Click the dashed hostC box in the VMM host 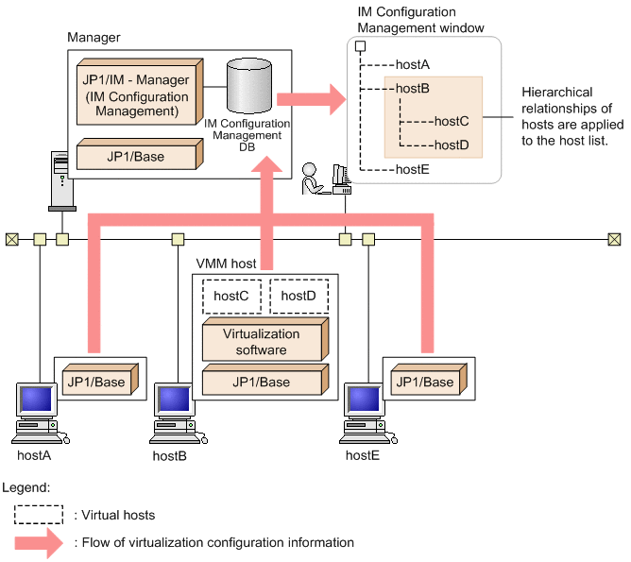pyautogui.click(x=230, y=296)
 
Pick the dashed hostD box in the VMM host pyautogui.click(x=298, y=296)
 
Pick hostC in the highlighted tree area pyautogui.click(x=450, y=121)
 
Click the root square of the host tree pyautogui.click(x=360, y=45)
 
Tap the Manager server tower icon pyautogui.click(x=59, y=179)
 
